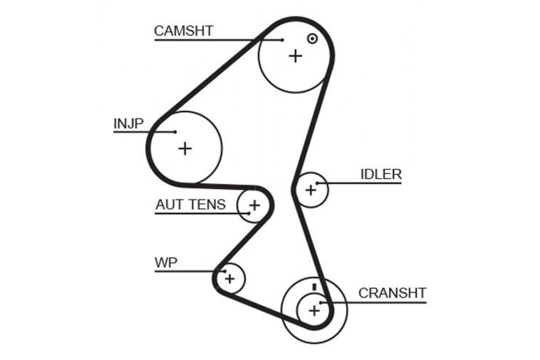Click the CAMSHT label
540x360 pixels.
coord(184,31)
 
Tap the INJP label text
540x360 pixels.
coord(129,123)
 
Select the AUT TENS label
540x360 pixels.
coord(191,204)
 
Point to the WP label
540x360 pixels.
coord(166,263)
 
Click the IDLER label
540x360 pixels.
coord(381,174)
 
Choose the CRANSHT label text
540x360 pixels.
coord(392,293)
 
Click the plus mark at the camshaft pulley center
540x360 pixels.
coord(296,56)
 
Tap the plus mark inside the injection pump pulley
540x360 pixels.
coord(185,148)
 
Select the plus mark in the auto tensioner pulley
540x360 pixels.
coord(255,206)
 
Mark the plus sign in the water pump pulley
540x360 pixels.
coord(230,279)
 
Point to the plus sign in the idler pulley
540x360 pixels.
coord(311,190)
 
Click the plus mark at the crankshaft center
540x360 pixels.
coord(314,310)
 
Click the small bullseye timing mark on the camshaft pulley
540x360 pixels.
coord(312,39)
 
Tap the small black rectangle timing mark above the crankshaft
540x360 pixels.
coord(314,287)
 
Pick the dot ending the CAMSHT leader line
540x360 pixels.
coord(282,40)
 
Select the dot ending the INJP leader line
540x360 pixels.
coord(175,132)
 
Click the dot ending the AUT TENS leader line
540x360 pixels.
coord(249,213)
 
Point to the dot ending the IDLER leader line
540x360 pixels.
coord(318,183)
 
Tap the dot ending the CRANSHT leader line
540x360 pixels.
coord(321,302)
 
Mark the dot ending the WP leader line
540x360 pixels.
coord(225,271)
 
